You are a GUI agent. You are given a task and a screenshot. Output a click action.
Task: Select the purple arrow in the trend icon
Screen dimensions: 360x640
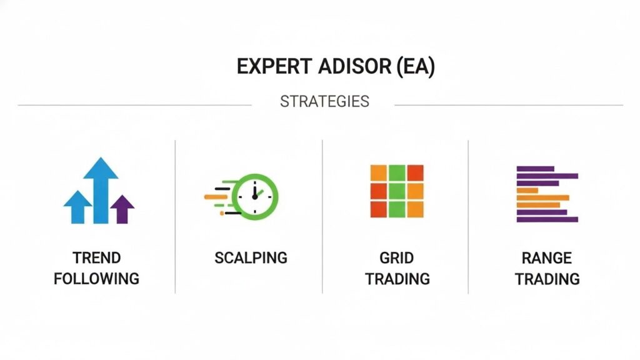[122, 209]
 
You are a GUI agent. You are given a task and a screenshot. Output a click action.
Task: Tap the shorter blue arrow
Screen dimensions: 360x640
[77, 206]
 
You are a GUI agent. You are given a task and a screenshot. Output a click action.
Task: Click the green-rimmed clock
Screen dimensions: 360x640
[255, 194]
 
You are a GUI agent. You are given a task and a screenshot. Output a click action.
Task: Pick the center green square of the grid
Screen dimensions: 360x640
[396, 190]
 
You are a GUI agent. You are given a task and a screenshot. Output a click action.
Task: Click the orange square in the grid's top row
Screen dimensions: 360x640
[378, 172]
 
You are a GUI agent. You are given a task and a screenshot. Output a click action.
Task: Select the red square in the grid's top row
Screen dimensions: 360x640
[414, 172]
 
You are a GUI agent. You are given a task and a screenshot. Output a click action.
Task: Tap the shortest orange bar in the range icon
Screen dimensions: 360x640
[527, 190]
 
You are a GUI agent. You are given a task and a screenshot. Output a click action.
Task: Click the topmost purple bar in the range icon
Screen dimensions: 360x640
[534, 168]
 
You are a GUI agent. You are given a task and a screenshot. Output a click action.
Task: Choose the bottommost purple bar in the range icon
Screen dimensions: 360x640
[547, 219]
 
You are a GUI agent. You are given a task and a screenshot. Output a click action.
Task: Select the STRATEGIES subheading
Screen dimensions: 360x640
[324, 101]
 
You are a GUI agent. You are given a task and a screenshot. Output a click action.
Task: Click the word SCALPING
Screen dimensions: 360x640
[251, 257]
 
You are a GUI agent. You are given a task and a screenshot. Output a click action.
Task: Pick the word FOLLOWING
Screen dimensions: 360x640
[96, 278]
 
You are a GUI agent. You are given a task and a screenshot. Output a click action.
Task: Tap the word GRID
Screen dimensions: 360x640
[397, 257]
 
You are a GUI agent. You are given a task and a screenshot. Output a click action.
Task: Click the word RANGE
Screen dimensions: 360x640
[547, 257]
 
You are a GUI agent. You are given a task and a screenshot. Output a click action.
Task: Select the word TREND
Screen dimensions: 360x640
[96, 257]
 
